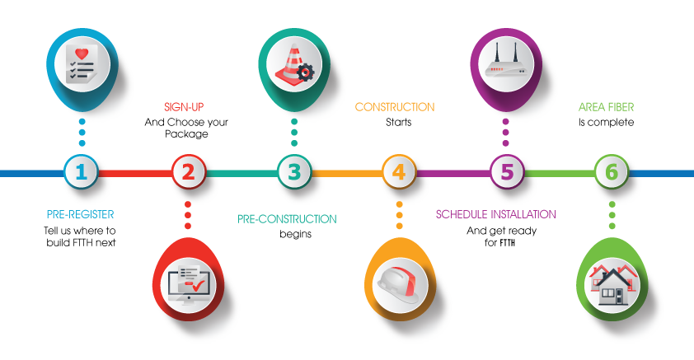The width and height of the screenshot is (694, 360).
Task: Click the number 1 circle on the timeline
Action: pos(81,173)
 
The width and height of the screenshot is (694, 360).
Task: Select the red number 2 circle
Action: pos(188,173)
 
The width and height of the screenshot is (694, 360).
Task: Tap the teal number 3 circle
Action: pos(293,173)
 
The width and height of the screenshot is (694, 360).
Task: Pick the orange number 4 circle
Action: pos(399,173)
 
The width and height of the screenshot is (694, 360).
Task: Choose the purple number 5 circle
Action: pos(506,173)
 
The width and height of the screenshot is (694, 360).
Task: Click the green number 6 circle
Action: pos(611,173)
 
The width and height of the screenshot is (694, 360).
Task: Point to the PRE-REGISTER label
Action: pos(80,214)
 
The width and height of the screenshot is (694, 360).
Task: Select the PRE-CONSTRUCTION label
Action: pos(287,219)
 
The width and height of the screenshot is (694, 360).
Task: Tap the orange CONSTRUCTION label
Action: pos(395,107)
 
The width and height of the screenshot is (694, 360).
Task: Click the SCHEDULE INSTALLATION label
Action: pos(495,214)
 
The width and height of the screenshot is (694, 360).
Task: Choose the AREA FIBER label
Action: pos(606,107)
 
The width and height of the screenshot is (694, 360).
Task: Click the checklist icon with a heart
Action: pos(82,63)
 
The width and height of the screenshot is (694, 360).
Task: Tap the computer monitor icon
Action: pos(188,281)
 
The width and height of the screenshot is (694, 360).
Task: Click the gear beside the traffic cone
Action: pos(305,74)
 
